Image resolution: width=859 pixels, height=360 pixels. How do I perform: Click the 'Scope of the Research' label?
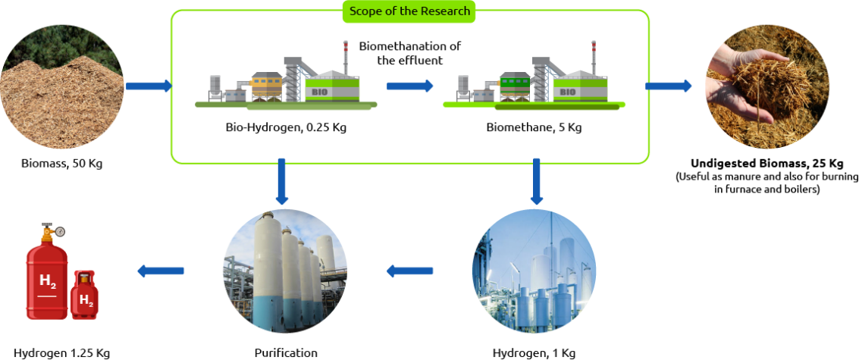click(409, 11)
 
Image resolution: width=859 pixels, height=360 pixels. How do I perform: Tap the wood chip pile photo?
click(62, 86)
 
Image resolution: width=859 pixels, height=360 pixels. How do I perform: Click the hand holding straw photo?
click(767, 86)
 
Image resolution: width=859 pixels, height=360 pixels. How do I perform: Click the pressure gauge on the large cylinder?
click(60, 231)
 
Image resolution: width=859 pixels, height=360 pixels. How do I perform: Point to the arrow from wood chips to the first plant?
click(149, 86)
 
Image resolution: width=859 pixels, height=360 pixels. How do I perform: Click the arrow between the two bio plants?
click(409, 86)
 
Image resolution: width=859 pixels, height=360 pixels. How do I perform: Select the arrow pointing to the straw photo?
click(668, 86)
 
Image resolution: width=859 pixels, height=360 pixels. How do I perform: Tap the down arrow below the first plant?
click(281, 180)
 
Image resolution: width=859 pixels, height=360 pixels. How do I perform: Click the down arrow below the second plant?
click(536, 180)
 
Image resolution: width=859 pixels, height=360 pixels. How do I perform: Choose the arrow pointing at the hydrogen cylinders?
click(161, 271)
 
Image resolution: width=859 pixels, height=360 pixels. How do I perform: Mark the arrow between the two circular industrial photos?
click(409, 271)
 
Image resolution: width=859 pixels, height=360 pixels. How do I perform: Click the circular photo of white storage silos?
click(285, 271)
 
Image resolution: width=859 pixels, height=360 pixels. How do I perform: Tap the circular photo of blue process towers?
click(534, 271)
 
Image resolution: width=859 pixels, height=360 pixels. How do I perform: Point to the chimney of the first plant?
click(345, 56)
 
